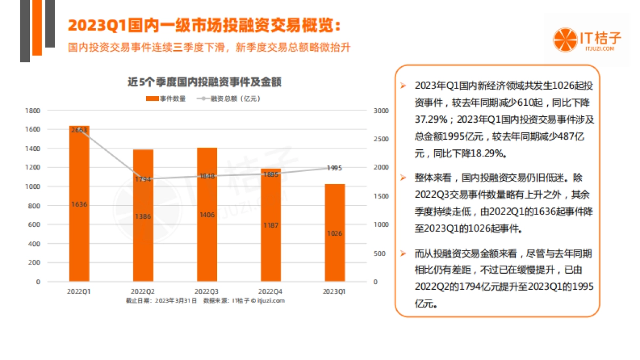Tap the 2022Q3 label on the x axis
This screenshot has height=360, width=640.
(x=206, y=292)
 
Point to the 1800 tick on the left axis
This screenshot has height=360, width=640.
(x=33, y=110)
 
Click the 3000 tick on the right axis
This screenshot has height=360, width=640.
(x=381, y=110)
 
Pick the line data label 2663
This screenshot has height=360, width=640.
(x=79, y=130)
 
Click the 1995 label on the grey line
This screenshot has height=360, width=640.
(x=334, y=168)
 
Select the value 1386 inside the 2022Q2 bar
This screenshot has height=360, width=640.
(x=143, y=216)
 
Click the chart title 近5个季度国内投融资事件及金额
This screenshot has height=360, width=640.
(x=204, y=82)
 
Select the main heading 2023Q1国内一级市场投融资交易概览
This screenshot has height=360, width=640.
(x=203, y=25)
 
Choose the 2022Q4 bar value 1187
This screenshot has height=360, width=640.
(x=270, y=225)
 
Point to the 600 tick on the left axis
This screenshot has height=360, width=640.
(x=35, y=225)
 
